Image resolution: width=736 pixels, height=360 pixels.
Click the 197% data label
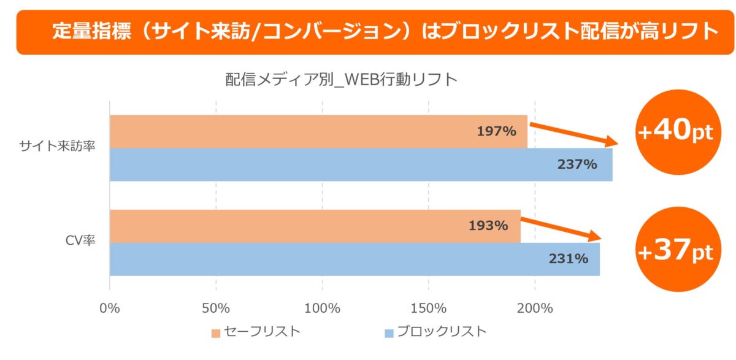pyautogui.click(x=496, y=131)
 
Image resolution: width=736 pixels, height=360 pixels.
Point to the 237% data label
pyautogui.click(x=577, y=164)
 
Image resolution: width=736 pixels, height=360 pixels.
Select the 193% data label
pyautogui.click(x=488, y=225)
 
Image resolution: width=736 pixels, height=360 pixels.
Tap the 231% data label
pyautogui.click(x=569, y=259)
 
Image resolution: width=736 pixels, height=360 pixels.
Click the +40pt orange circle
pyautogui.click(x=676, y=132)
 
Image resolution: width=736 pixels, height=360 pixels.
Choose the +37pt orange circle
pyautogui.click(x=676, y=252)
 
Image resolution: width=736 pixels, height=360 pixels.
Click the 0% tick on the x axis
pyautogui.click(x=110, y=308)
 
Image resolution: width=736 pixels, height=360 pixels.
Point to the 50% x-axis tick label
pyautogui.click(x=216, y=308)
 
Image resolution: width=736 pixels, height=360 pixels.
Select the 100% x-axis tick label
pyautogui.click(x=322, y=308)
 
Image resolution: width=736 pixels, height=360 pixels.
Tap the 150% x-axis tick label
pyautogui.click(x=428, y=308)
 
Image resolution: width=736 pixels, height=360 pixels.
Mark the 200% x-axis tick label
pyautogui.click(x=535, y=308)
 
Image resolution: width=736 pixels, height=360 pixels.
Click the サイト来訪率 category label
pyautogui.click(x=58, y=147)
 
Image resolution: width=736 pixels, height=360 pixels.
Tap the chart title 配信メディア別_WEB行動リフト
pyautogui.click(x=342, y=80)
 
